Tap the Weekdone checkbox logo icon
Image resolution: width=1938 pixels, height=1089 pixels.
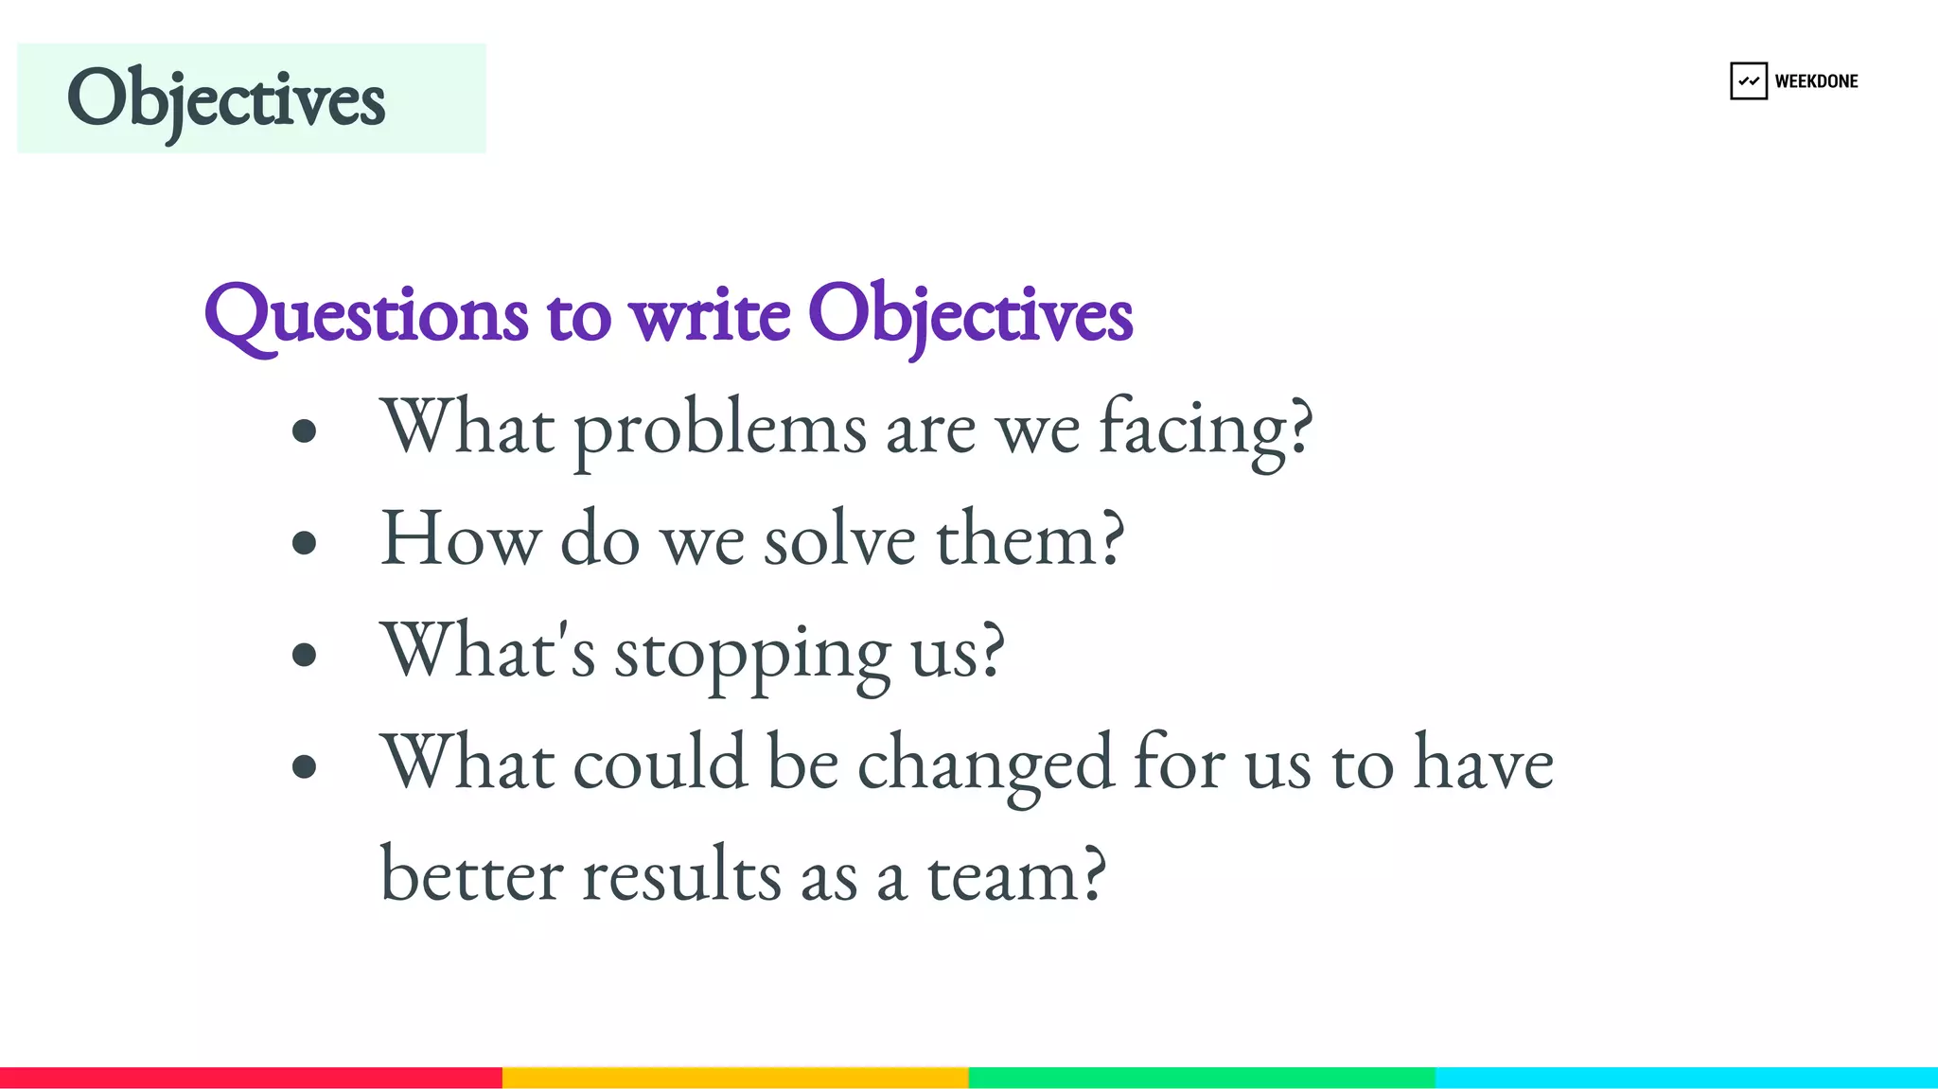click(1748, 81)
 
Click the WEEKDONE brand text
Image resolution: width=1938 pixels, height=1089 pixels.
click(1816, 81)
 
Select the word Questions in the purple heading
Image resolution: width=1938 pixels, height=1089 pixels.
click(365, 315)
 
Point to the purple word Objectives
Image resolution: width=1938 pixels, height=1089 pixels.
click(970, 315)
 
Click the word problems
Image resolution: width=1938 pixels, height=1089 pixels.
click(719, 430)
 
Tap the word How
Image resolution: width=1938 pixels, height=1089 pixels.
click(460, 539)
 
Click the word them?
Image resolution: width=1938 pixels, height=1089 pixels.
click(1031, 539)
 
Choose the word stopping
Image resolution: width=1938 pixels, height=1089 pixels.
click(752, 653)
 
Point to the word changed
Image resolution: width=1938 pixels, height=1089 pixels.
click(985, 764)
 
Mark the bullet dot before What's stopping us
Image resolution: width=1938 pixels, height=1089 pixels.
click(304, 654)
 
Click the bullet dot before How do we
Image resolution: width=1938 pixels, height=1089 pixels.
click(304, 542)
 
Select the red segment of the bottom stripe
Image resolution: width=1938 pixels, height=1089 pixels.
click(251, 1078)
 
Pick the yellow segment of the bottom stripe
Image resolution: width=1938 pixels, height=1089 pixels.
click(735, 1078)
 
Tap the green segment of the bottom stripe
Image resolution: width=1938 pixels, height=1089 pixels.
click(1202, 1078)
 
